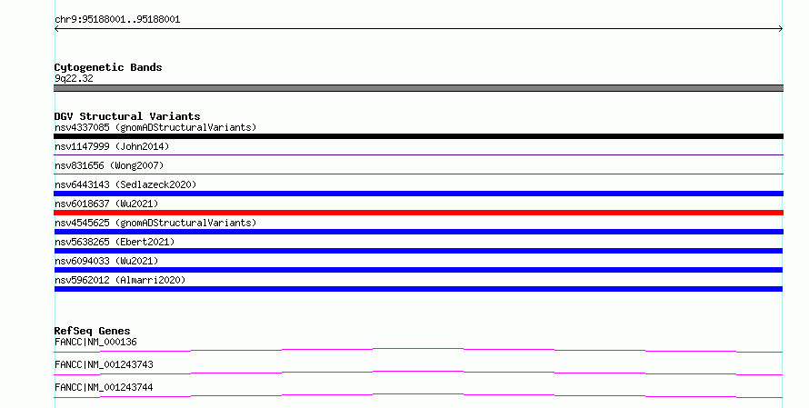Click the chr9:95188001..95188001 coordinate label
coord(117,20)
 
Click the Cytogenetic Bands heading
coord(108,67)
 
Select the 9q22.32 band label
coord(74,78)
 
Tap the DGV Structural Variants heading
coord(127,116)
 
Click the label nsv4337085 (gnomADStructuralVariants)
coord(155,127)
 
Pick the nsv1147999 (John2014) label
coord(112,146)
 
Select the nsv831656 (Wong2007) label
coord(109,165)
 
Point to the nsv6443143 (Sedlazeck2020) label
coord(125,184)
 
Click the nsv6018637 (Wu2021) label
coord(106,204)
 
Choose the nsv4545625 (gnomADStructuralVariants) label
coord(155,223)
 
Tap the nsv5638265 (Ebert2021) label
coord(115,242)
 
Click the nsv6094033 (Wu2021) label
coord(106,261)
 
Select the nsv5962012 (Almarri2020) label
coord(120,280)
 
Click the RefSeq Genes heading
coord(93,331)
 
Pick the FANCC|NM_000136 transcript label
coord(95,342)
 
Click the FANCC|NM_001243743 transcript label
coord(104,364)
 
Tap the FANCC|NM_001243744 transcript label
coord(104,387)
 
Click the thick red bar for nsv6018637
coord(418,213)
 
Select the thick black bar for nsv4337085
coord(418,136)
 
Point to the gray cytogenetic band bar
coord(418,88)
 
